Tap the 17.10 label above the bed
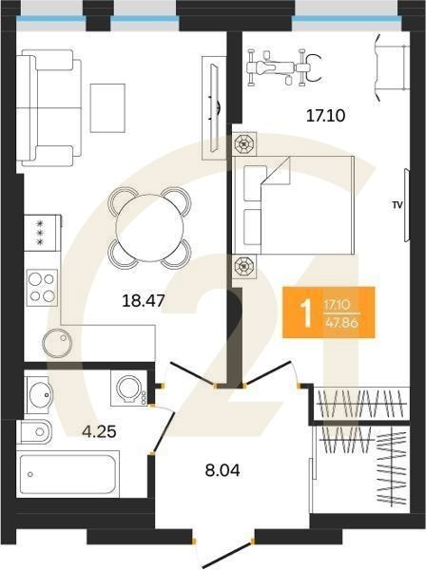click(325, 116)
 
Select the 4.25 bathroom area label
click(99, 432)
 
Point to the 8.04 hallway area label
click(223, 471)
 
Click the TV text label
click(397, 205)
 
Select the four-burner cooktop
click(42, 287)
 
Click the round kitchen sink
click(57, 344)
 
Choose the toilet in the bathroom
click(34, 432)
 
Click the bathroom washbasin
click(39, 393)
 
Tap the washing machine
click(129, 389)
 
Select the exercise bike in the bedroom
click(284, 67)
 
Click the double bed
click(293, 205)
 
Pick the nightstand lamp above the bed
click(244, 144)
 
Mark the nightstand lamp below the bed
click(244, 266)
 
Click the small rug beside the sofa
click(107, 108)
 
